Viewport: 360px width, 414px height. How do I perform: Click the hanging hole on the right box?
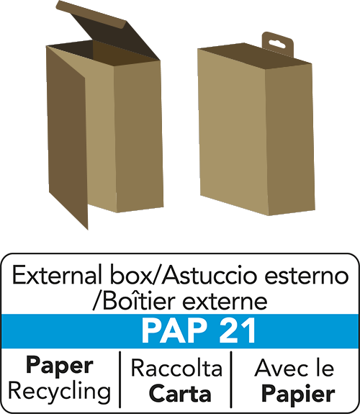tap(277, 44)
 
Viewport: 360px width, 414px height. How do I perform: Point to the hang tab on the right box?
tap(278, 45)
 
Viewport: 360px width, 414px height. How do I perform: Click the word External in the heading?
tap(58, 275)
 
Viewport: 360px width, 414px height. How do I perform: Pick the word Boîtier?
tap(139, 301)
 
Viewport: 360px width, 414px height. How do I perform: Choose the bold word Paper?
tap(60, 366)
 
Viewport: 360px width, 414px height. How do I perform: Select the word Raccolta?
tap(176, 368)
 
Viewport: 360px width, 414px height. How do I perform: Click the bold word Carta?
tap(180, 394)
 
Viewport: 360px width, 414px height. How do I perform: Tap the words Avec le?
tap(294, 368)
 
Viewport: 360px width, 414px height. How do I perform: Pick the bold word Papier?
tap(298, 395)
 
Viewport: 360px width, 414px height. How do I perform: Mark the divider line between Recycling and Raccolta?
tap(120, 379)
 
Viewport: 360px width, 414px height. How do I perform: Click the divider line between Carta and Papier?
tap(231, 379)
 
